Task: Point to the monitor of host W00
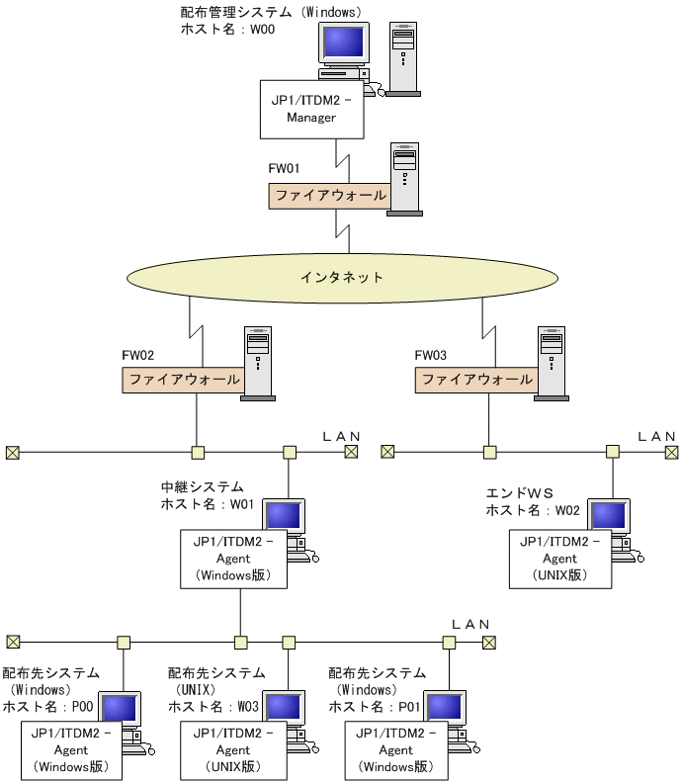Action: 343,44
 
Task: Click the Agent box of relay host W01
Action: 233,559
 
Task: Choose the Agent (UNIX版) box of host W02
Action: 559,559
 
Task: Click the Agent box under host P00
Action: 71,750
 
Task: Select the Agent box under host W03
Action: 233,750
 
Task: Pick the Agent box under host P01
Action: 395,750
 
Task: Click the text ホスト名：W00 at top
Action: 227,30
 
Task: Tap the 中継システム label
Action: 202,488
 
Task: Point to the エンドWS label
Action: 519,493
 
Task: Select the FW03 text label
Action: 431,355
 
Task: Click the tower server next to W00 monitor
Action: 402,57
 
